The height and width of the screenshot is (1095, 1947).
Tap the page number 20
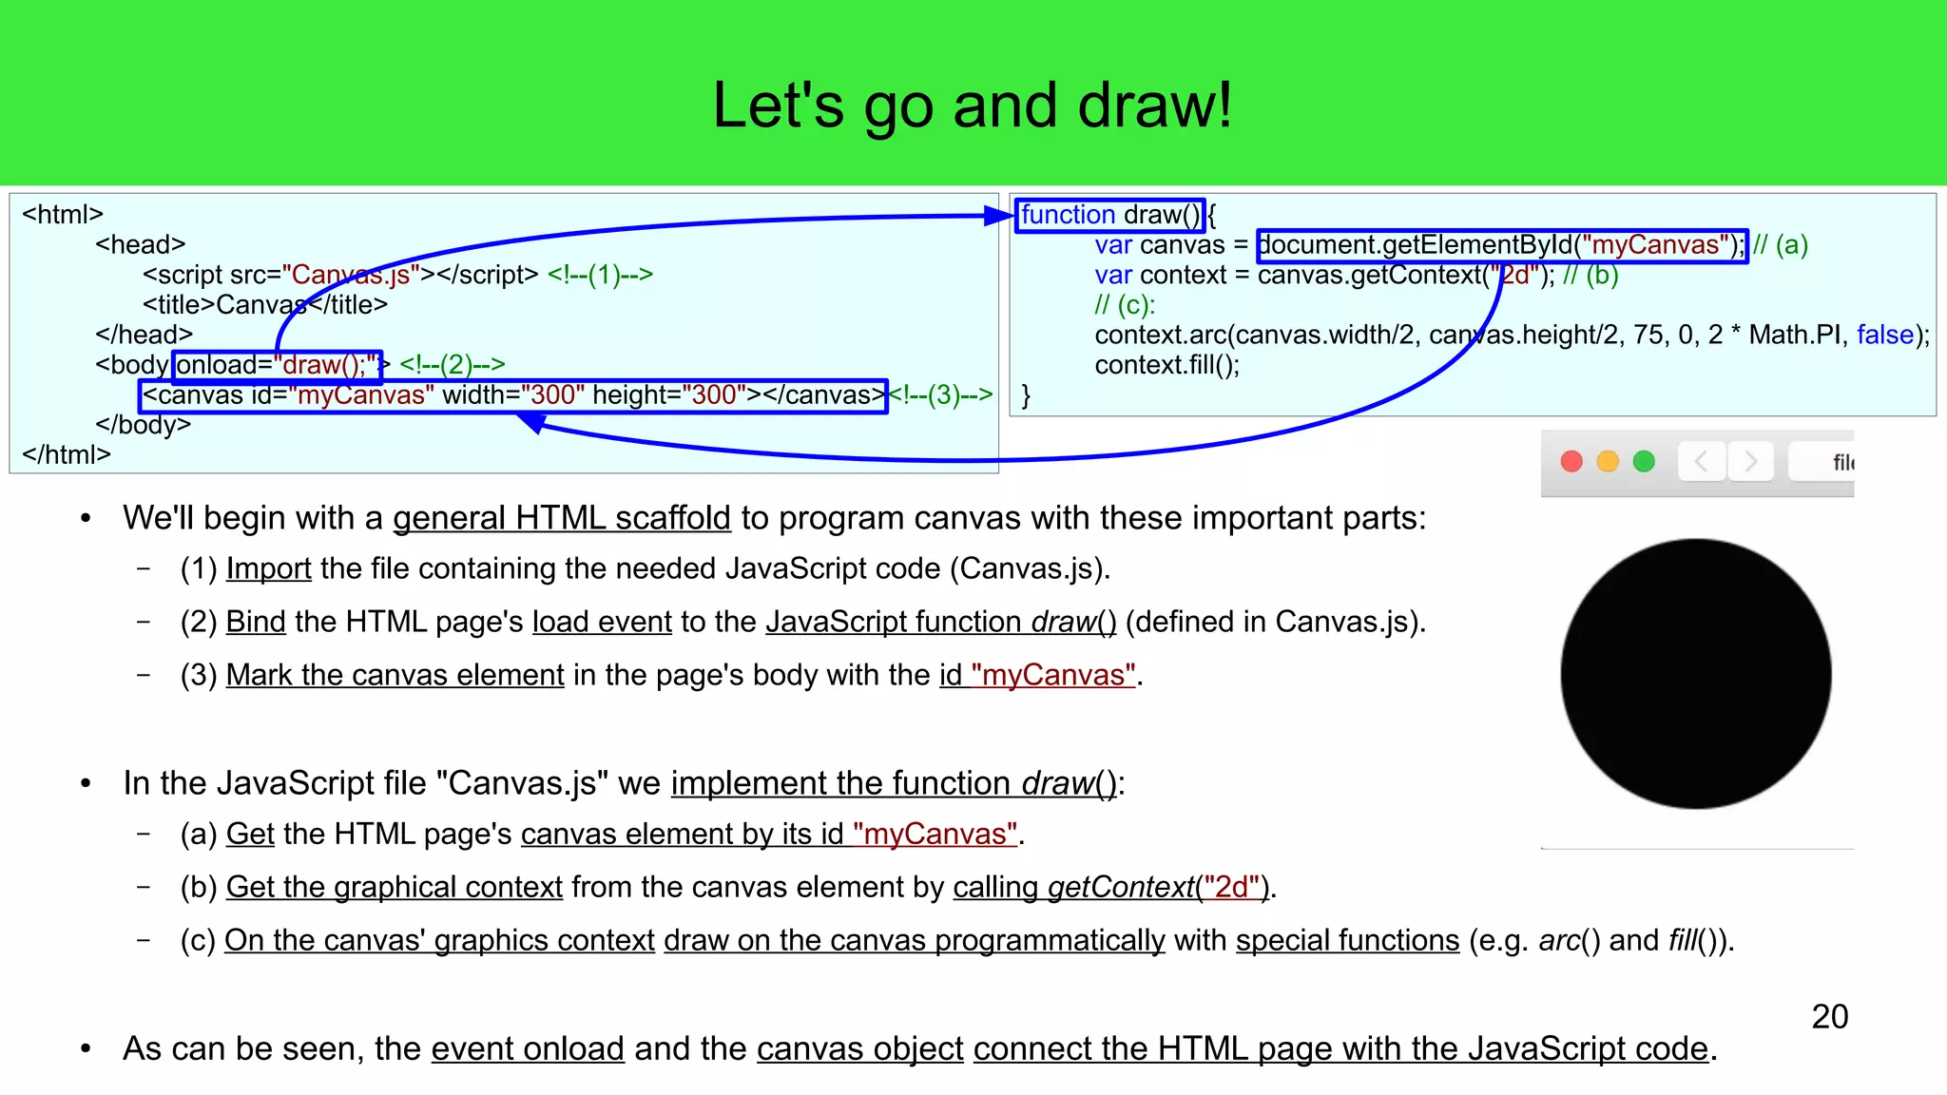(1829, 1017)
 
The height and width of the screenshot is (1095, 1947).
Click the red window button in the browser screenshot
(1571, 462)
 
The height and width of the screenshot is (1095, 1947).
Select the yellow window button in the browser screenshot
(1608, 462)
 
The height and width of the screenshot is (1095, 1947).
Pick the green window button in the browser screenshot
(1644, 462)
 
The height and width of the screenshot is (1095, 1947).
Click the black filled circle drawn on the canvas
(1696, 674)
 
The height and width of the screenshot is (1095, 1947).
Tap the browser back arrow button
(1702, 462)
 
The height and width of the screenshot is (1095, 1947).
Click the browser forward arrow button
(1750, 462)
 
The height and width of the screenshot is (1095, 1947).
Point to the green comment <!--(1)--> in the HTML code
(600, 275)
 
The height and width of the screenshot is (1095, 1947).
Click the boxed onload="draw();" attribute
(277, 365)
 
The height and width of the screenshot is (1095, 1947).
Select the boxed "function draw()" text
(1109, 215)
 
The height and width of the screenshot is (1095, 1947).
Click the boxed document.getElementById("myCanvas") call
(1501, 245)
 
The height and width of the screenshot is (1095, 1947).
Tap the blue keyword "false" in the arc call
(1884, 335)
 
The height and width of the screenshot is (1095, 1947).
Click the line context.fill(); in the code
(1166, 365)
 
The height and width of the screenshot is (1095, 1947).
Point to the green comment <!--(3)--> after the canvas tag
(941, 395)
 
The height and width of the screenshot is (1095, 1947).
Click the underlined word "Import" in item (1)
(268, 568)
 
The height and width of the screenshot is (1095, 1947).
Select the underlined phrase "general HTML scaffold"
(561, 518)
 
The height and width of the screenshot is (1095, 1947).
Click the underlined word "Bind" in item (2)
(256, 622)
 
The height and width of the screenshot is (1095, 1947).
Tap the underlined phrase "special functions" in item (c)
(1347, 940)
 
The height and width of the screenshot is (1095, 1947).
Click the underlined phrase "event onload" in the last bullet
(528, 1048)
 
